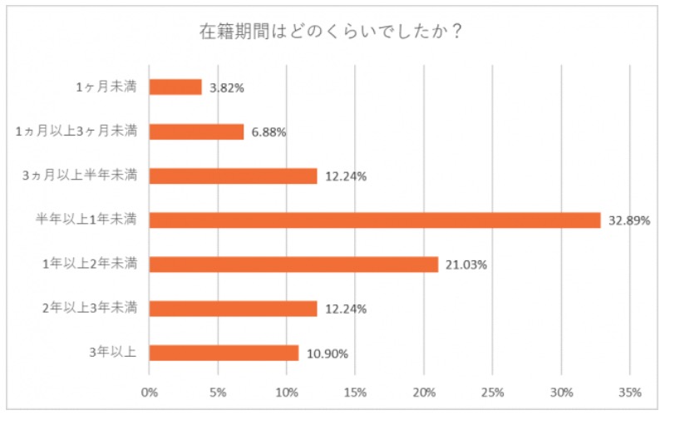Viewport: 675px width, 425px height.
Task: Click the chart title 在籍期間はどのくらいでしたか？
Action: click(330, 32)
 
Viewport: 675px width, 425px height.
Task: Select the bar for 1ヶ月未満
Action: click(175, 87)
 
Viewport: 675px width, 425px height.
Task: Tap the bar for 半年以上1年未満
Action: click(374, 220)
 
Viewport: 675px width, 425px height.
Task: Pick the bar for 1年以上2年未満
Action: click(293, 264)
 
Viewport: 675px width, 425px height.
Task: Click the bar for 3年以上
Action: click(224, 353)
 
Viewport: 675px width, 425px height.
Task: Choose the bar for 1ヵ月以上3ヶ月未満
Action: click(196, 131)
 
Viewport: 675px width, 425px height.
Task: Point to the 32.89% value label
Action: click(628, 220)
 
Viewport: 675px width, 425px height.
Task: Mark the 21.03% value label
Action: click(465, 264)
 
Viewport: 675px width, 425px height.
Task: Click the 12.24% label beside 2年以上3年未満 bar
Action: click(345, 309)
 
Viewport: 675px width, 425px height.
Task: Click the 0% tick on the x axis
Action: click(150, 392)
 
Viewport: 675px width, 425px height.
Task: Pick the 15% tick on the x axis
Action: click(355, 392)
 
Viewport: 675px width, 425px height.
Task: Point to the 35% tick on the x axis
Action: click(629, 392)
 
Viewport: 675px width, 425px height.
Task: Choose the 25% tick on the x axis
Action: click(492, 392)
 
